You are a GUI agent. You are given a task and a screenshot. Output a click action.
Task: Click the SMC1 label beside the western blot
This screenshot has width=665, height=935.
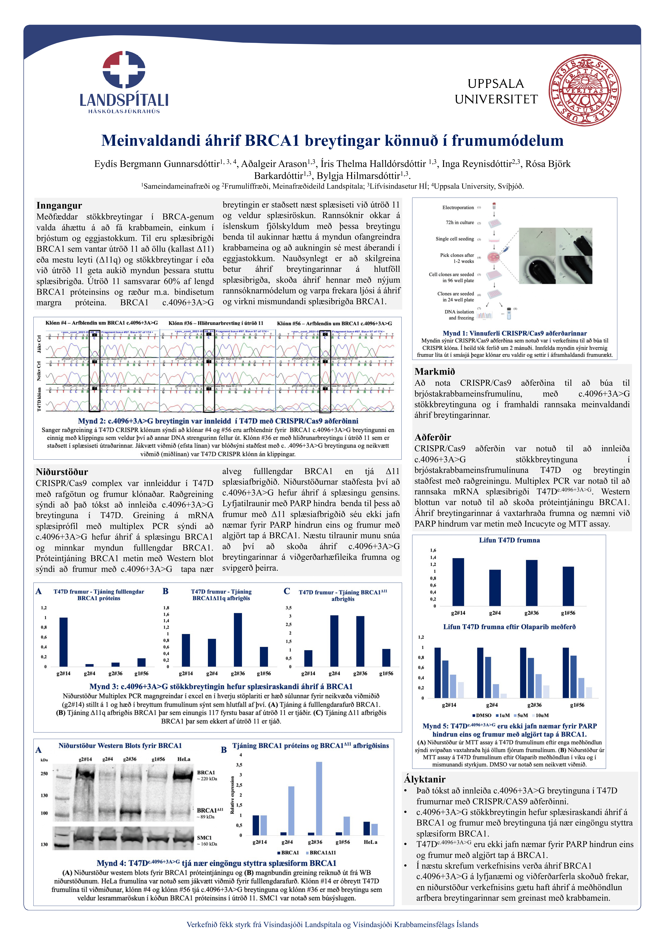tap(204, 837)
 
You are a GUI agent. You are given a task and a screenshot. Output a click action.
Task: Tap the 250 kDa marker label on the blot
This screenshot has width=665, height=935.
tap(44, 774)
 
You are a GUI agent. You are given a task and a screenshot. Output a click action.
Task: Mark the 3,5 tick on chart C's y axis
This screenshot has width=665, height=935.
tap(289, 608)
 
